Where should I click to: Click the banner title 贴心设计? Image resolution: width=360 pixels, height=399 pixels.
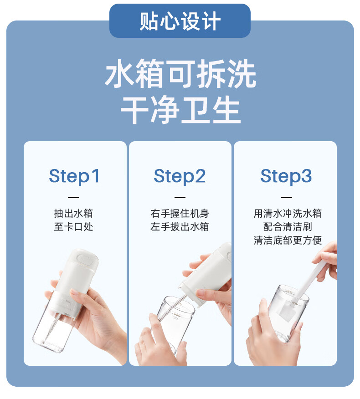[180, 21]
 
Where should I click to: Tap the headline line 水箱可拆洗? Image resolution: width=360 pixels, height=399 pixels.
[180, 74]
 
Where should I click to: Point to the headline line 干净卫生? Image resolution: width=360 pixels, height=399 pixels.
[180, 110]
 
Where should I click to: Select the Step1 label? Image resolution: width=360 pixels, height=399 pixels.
[74, 176]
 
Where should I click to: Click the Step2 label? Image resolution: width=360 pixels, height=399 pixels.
[180, 176]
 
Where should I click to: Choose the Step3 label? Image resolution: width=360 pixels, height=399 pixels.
[286, 176]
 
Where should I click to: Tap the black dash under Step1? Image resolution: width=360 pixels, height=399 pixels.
[73, 197]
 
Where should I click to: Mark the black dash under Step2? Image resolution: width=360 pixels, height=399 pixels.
[180, 197]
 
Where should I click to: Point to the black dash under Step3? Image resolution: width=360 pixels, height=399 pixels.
[287, 197]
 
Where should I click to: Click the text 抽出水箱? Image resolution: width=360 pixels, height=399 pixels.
[73, 213]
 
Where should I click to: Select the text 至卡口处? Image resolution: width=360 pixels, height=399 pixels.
[73, 226]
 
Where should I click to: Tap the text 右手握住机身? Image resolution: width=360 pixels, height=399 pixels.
[180, 213]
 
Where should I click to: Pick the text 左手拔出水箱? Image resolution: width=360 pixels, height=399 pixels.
[180, 226]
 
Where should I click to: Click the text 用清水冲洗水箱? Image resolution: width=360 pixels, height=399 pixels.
[288, 213]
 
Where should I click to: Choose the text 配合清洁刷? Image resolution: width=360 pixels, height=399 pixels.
[288, 226]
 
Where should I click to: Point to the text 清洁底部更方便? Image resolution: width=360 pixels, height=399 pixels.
[288, 240]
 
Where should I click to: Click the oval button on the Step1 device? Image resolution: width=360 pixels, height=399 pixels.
[85, 259]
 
